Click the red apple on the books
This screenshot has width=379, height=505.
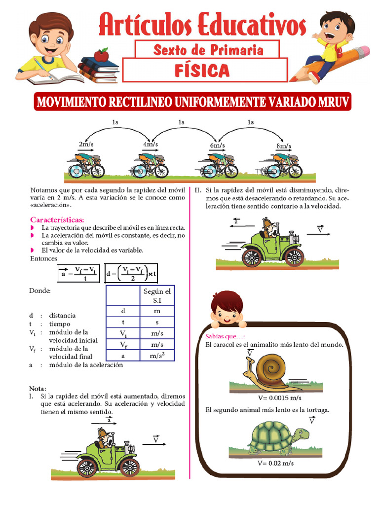[101, 55]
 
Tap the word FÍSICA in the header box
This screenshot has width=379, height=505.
[202, 71]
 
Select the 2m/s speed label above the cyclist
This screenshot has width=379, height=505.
[86, 144]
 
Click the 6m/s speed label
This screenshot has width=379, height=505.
[217, 146]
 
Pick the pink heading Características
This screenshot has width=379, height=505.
[57, 219]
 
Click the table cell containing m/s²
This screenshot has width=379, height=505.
[157, 356]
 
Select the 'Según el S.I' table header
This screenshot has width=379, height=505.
[157, 295]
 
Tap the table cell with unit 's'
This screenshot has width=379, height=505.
[157, 322]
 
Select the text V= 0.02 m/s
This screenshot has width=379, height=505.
[275, 463]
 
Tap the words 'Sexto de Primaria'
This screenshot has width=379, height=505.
[208, 50]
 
